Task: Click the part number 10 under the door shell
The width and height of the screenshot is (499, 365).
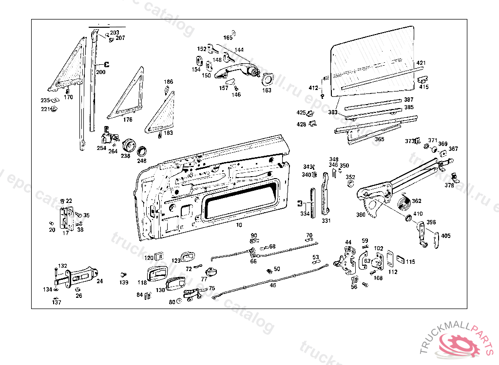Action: coord(239,225)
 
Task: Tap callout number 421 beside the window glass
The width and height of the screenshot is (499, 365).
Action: coord(421,63)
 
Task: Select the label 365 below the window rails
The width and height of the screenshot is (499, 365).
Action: coord(379,139)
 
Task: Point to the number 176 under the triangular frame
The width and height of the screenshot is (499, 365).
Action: coord(128,119)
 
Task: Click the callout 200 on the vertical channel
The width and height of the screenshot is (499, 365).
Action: coord(100,72)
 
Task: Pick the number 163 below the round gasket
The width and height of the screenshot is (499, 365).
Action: coord(267,90)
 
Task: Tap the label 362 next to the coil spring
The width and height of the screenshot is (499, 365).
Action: coord(417,201)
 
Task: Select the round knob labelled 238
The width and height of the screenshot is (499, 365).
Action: coord(129,145)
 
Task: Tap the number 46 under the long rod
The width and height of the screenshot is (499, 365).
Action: coord(273,285)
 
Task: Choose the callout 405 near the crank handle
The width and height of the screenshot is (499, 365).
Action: coord(445,236)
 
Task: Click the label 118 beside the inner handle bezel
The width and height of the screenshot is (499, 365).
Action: coord(142,282)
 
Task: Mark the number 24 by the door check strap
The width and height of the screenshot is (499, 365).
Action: coord(99,281)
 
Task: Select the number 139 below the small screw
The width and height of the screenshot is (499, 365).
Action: coord(124,283)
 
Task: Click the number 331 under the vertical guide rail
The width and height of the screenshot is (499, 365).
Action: coord(326,221)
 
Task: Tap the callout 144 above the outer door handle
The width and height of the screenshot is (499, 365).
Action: coord(239,50)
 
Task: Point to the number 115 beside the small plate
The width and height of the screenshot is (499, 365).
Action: coord(410,262)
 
